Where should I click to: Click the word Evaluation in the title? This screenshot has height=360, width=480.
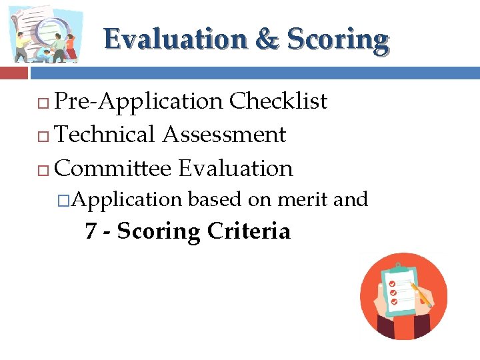pyautogui.click(x=175, y=40)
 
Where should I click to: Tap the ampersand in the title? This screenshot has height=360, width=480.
pyautogui.click(x=267, y=40)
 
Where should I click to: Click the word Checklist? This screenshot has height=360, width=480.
pyautogui.click(x=278, y=101)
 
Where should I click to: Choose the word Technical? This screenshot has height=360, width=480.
pyautogui.click(x=105, y=135)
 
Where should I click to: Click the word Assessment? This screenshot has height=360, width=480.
pyautogui.click(x=224, y=135)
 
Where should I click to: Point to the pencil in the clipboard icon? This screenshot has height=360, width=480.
pyautogui.click(x=421, y=294)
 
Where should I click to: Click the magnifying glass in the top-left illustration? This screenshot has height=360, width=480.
pyautogui.click(x=48, y=30)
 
